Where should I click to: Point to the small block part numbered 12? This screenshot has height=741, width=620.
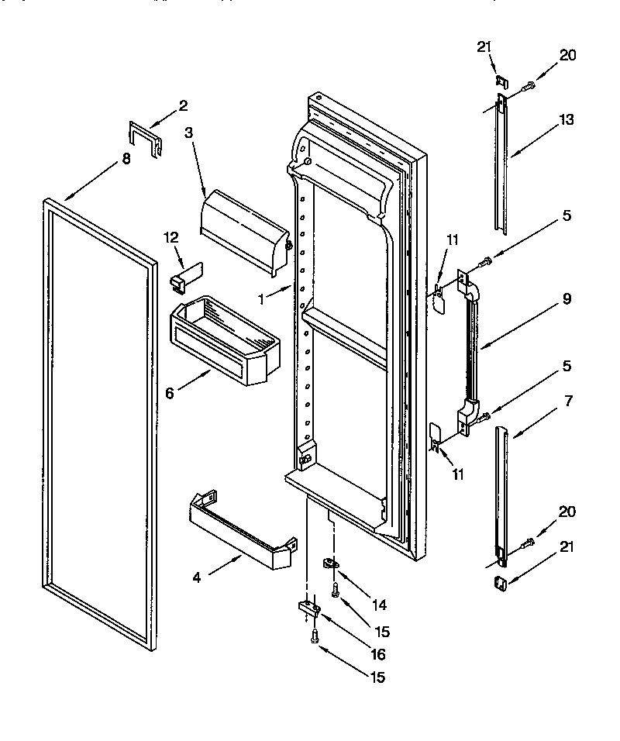click(x=183, y=275)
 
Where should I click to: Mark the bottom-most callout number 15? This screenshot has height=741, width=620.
click(x=377, y=677)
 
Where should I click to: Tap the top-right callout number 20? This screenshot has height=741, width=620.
click(x=568, y=55)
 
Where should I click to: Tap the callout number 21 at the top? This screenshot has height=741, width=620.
click(x=484, y=48)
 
